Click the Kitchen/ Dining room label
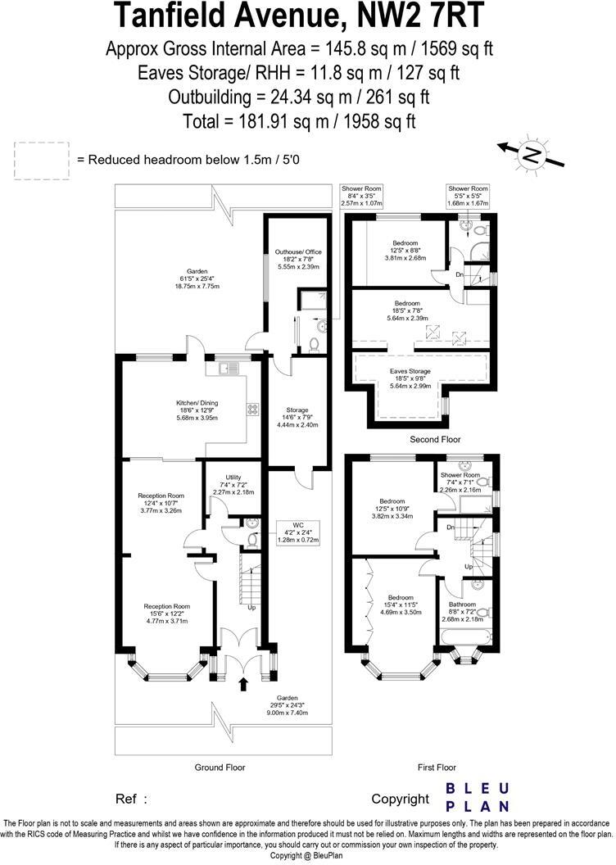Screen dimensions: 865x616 pos(197,410)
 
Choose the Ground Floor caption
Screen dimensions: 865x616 pos(220,768)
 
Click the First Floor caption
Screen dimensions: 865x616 pos(436,768)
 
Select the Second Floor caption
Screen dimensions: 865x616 pos(436,440)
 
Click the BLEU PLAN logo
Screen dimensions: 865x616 pos(476,797)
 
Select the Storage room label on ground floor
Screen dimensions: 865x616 pos(297,417)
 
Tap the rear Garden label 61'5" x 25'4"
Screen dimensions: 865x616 pos(196,279)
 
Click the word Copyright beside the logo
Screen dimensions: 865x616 pos(400,799)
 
